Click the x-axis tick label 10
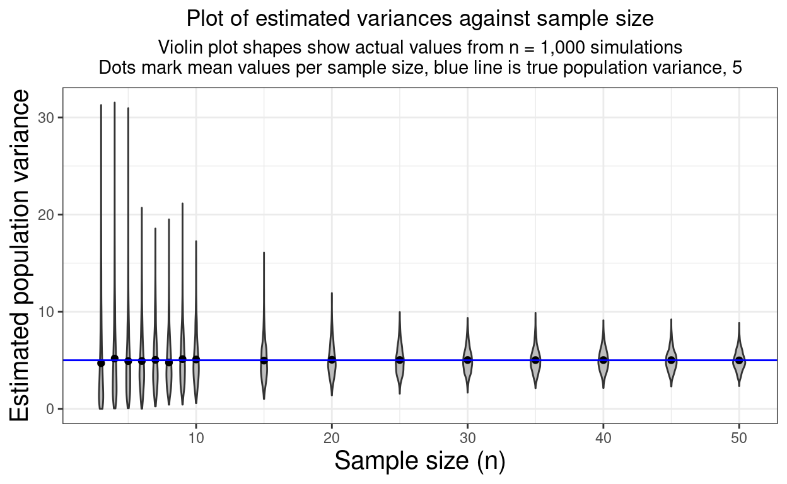point(195,437)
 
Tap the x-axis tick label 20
point(332,437)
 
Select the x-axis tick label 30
point(467,437)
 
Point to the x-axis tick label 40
point(603,437)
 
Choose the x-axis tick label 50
point(739,437)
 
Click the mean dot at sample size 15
point(264,360)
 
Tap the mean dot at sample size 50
point(739,360)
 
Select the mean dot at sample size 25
point(400,360)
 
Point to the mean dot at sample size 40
point(603,360)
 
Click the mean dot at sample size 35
point(535,360)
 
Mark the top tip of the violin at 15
point(264,253)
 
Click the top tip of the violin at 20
point(332,293)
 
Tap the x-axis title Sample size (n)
point(420,461)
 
